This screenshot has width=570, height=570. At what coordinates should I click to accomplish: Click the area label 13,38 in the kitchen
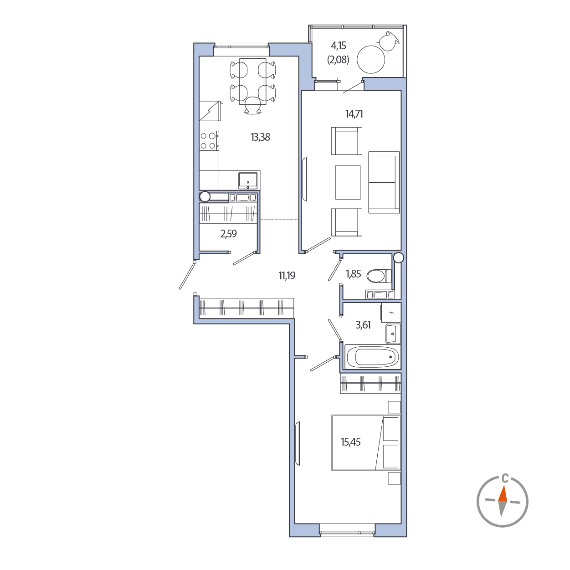(x=260, y=137)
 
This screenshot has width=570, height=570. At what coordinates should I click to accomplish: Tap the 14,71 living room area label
(x=354, y=114)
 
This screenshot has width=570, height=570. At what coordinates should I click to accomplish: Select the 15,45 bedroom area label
(x=350, y=442)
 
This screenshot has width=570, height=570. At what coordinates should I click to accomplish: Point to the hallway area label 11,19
(x=287, y=276)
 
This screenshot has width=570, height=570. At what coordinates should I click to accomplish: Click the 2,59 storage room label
(x=228, y=234)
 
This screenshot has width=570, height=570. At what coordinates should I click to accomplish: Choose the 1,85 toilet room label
(x=354, y=274)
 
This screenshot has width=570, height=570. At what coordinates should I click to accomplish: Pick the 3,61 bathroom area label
(x=363, y=325)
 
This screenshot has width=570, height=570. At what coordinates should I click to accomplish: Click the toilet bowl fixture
(x=379, y=276)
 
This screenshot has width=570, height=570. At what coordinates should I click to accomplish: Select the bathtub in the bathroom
(x=373, y=357)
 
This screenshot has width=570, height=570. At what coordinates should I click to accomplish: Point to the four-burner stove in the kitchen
(x=208, y=141)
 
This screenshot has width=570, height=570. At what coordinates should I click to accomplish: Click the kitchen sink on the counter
(x=248, y=181)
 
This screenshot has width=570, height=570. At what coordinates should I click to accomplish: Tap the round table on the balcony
(x=370, y=59)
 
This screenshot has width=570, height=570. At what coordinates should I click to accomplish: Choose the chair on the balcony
(x=389, y=42)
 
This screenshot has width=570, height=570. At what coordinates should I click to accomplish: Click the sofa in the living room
(x=384, y=182)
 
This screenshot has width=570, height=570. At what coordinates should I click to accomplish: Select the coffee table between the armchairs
(x=348, y=182)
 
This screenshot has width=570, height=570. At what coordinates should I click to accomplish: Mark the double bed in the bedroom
(x=366, y=443)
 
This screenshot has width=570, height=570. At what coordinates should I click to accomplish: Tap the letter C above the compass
(x=506, y=478)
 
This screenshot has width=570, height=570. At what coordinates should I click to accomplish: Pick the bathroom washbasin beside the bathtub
(x=393, y=334)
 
